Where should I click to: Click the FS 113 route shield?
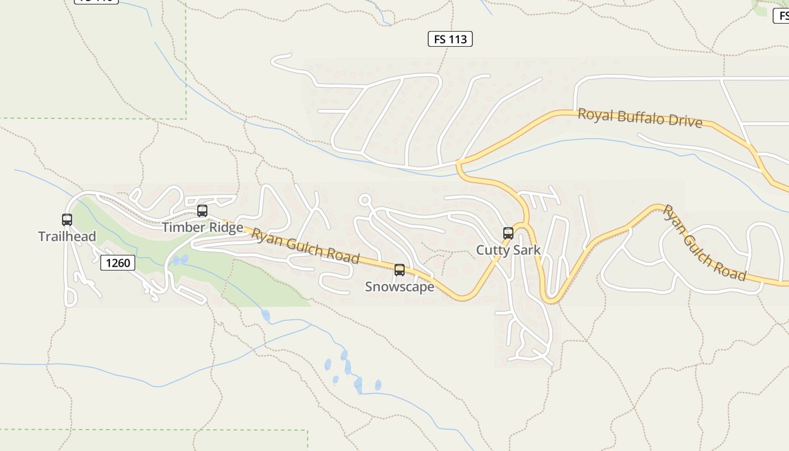tap(450, 39)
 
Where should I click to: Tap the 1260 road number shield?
tap(118, 262)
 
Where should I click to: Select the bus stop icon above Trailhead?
tap(67, 220)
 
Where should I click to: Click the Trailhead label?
tap(67, 236)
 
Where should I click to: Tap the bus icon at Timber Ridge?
tap(202, 211)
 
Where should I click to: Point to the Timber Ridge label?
tap(202, 227)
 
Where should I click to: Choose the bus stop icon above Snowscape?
tap(400, 270)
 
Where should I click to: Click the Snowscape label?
tap(400, 286)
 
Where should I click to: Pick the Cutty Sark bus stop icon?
tap(508, 233)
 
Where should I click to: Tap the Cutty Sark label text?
tap(508, 250)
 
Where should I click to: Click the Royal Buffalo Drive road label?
tap(640, 118)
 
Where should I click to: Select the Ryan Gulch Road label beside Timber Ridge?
tap(305, 245)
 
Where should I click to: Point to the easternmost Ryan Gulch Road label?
tap(704, 243)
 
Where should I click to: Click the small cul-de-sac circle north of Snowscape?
tap(365, 199)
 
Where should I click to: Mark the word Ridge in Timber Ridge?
tap(224, 227)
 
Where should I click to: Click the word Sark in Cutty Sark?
tap(528, 250)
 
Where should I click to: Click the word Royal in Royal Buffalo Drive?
tap(595, 115)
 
